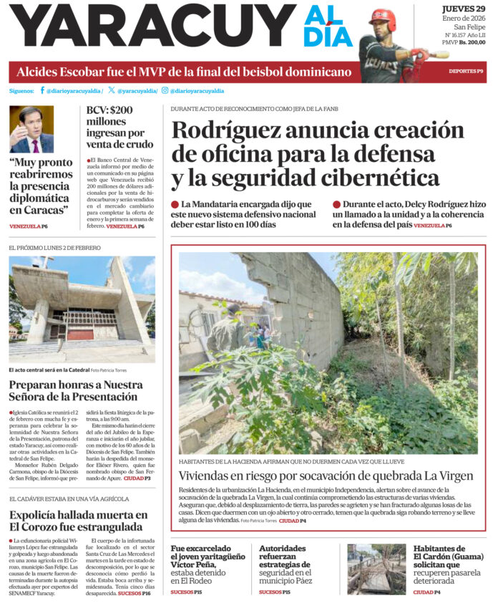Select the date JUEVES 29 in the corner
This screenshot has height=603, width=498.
[x=463, y=8]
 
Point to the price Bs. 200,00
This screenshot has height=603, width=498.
[x=473, y=42]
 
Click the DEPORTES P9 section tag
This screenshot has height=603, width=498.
[x=466, y=72]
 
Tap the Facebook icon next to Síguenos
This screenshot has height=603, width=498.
[x=42, y=91]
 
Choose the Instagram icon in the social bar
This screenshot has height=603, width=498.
[x=165, y=91]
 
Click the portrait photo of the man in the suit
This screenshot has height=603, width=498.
[x=31, y=130]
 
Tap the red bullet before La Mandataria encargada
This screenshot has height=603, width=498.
[x=175, y=205]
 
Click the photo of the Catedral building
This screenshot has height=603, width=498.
[x=82, y=309]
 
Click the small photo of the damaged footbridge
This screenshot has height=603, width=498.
[x=376, y=569]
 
